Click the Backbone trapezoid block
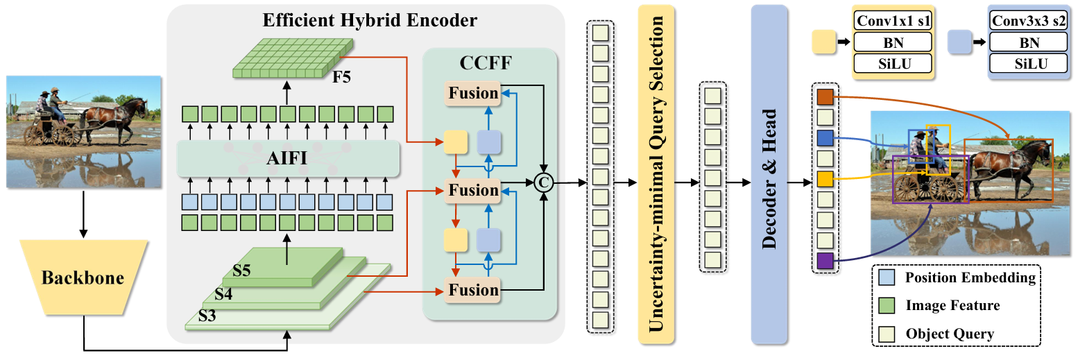coord(83,277)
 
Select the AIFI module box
coord(288,158)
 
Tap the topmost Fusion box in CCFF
coord(472,93)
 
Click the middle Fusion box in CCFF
coord(472,190)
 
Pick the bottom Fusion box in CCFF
coord(472,290)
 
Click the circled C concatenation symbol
coord(544,182)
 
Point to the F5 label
coord(342,77)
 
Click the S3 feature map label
coord(207,316)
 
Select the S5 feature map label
coord(241,271)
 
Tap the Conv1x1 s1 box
coord(893,21)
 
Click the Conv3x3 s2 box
coord(1029,21)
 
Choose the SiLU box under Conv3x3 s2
coord(1029,63)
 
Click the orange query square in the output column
coord(825,96)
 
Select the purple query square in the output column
coord(825,261)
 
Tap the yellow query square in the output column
coord(825,179)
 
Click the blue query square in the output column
coord(825,137)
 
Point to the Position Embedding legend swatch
coord(887,277)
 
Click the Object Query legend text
coord(950,334)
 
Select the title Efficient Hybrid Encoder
coord(370,20)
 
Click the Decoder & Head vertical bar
coord(769,175)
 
